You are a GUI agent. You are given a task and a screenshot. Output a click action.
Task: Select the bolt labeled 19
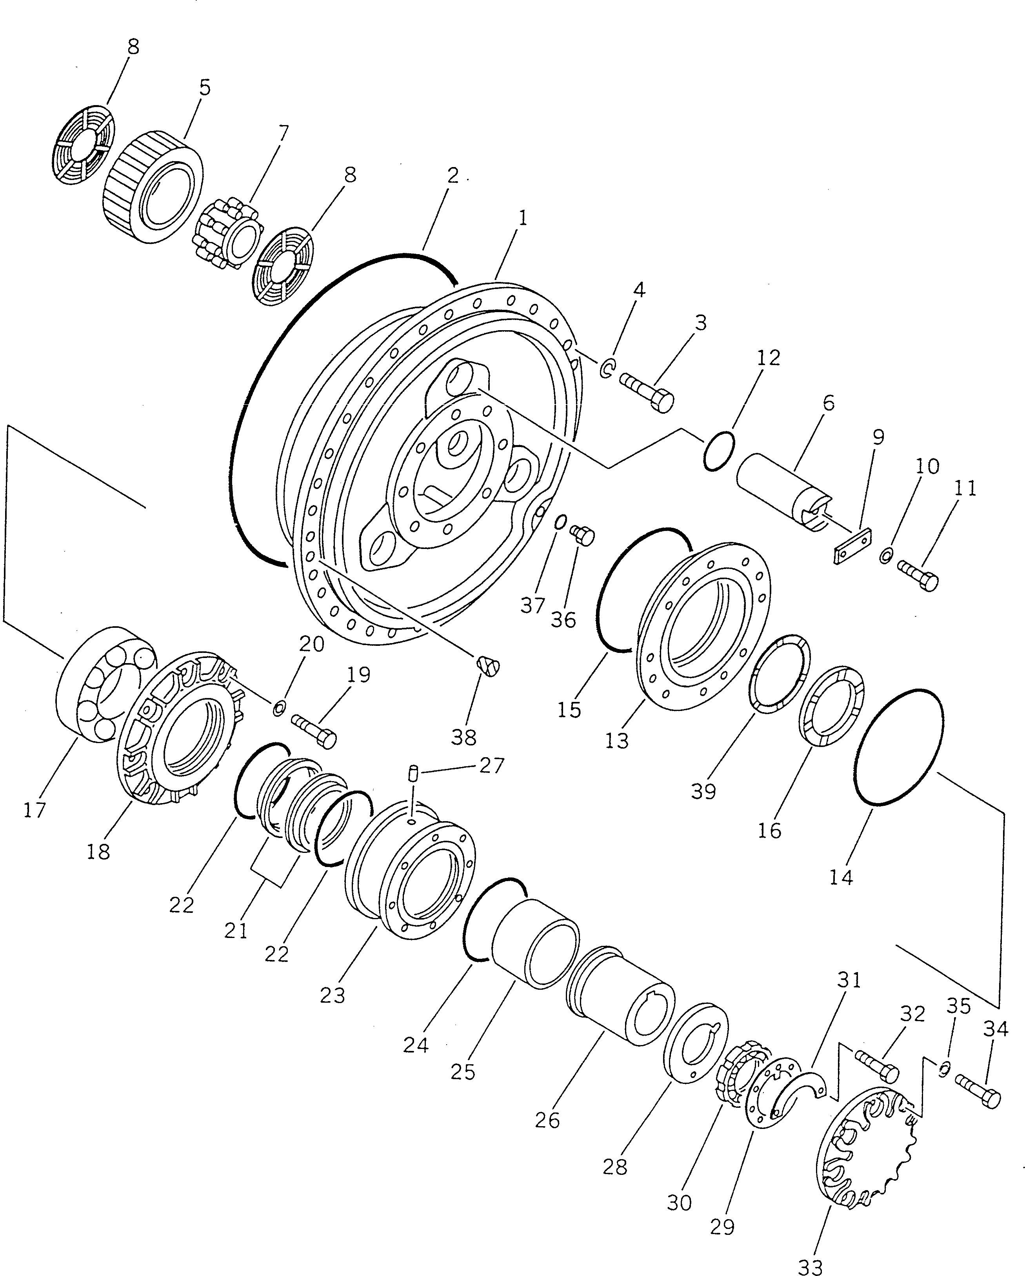pyautogui.click(x=314, y=730)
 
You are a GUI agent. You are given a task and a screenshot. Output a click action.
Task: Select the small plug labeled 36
pyautogui.click(x=582, y=536)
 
